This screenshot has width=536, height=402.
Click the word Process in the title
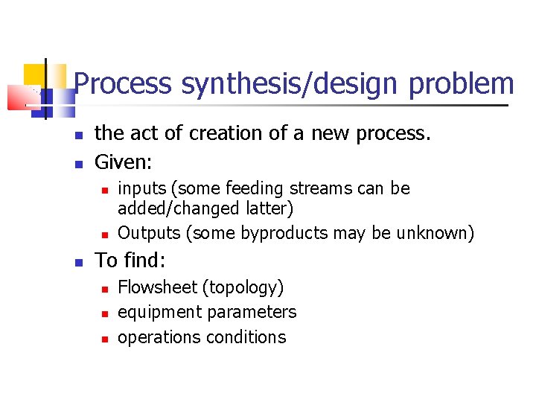(124, 84)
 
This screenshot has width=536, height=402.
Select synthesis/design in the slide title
(290, 84)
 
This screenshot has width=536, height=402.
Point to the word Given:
(124, 161)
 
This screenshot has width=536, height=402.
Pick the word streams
(322, 189)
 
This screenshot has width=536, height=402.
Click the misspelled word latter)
(269, 209)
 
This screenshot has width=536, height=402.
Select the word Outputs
(150, 233)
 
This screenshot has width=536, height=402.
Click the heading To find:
(130, 261)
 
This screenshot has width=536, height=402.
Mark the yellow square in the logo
(35, 75)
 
